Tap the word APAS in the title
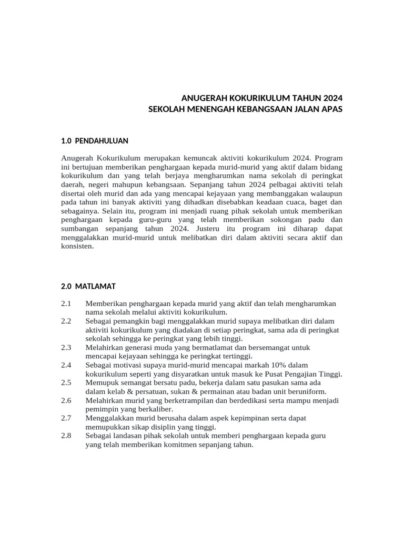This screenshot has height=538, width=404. pos(329,109)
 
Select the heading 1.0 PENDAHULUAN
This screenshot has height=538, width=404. pos(95,141)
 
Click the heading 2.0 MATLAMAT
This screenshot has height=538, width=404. pos(88,286)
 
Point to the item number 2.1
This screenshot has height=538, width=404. pos(66,304)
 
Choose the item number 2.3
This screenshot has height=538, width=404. pos(66,348)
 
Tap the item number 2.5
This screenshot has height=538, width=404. pos(66,382)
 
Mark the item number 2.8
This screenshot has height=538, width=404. pos(66,435)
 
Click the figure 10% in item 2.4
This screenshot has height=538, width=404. pos(279,365)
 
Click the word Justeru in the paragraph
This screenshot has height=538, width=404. pos(211,229)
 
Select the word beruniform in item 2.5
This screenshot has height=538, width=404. pos(307,391)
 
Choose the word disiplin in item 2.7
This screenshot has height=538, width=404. pos(150,427)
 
